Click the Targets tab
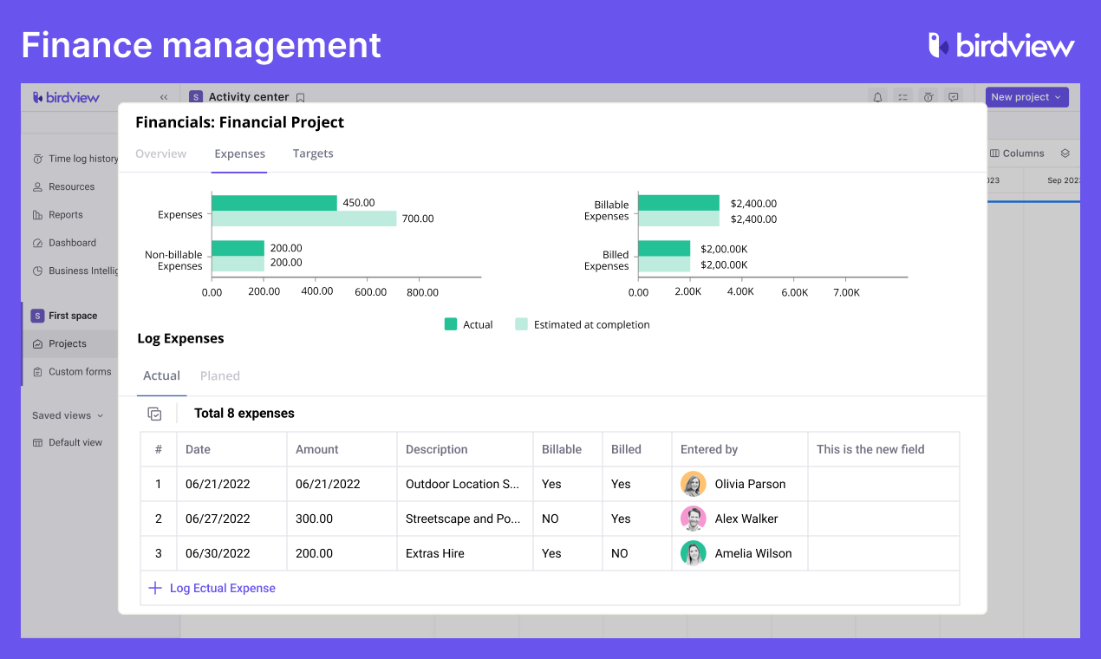click(x=313, y=153)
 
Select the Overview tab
click(x=160, y=153)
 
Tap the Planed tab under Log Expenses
click(x=219, y=375)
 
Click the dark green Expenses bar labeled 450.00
click(x=274, y=203)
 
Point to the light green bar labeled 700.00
click(x=303, y=219)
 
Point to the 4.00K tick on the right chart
click(x=740, y=292)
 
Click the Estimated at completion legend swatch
click(x=521, y=324)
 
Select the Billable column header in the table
click(x=561, y=449)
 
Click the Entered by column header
click(x=708, y=449)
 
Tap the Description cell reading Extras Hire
click(x=434, y=553)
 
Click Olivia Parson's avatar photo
click(x=693, y=484)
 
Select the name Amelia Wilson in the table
click(x=752, y=553)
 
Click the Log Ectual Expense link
click(x=222, y=588)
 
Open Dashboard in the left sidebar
click(x=72, y=243)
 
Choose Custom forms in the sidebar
click(x=80, y=372)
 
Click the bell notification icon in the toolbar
click(x=877, y=97)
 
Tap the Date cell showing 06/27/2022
click(x=218, y=519)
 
